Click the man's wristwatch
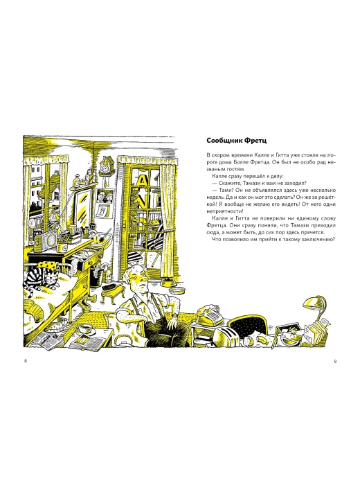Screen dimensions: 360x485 click(x=174, y=316)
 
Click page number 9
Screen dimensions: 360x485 click(x=335, y=361)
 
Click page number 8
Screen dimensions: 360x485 click(x=26, y=361)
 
